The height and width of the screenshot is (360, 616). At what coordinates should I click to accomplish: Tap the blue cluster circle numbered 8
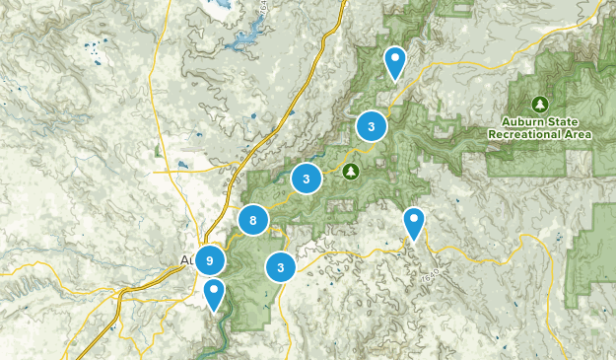pyautogui.click(x=253, y=221)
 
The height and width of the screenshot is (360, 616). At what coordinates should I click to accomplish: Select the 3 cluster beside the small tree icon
pyautogui.click(x=308, y=179)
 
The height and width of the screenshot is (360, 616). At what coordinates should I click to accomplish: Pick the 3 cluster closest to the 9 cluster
pyautogui.click(x=282, y=266)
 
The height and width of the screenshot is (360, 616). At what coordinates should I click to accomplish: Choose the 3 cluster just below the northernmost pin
pyautogui.click(x=371, y=126)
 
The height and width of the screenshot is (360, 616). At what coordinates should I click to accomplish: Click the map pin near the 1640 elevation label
pyautogui.click(x=415, y=223)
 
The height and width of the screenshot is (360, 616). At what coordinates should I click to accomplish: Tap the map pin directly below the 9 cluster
pyautogui.click(x=214, y=294)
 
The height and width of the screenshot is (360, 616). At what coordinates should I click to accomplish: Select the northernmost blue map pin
pyautogui.click(x=395, y=62)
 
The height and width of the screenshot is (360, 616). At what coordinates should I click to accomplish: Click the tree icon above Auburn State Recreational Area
pyautogui.click(x=539, y=104)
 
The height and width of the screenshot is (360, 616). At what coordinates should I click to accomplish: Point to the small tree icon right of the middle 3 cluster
pyautogui.click(x=351, y=172)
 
